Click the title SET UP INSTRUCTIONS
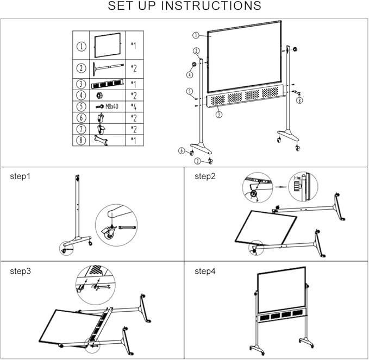coord(184,7)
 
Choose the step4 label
coord(205,270)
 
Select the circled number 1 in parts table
coord(81,47)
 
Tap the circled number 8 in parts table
coord(81,141)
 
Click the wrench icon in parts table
coord(102,141)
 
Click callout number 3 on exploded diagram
coord(219,115)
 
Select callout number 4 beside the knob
coord(190,74)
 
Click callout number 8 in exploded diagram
coord(299,100)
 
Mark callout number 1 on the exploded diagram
coord(195,35)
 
